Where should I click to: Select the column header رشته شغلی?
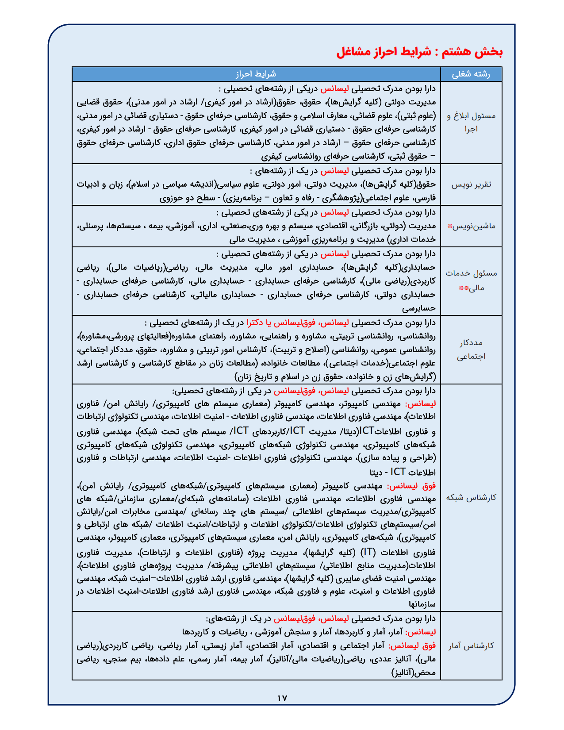471,74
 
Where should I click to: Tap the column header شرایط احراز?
256,74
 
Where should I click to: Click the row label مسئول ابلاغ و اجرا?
471,123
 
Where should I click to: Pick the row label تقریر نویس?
471,184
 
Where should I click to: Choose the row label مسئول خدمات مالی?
471,280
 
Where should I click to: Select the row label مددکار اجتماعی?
471,350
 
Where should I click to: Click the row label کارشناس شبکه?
471,497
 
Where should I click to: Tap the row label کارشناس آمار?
471,646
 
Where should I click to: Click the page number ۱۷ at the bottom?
282,698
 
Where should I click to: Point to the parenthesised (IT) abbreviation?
368,552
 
